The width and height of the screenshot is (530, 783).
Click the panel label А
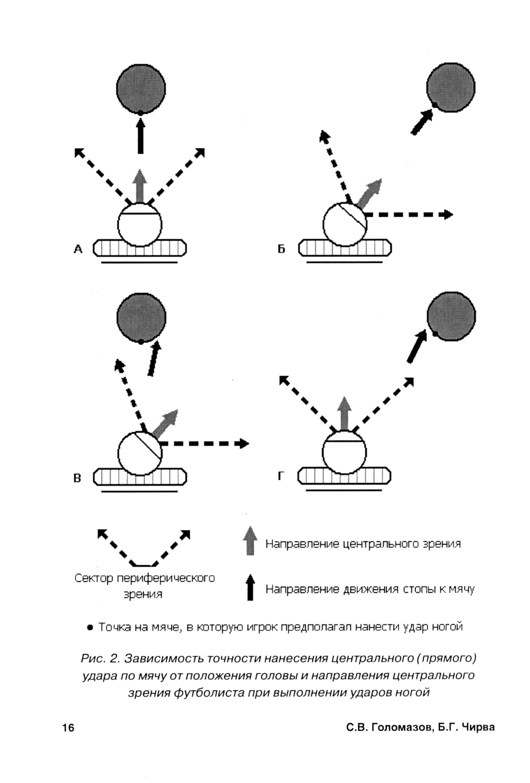[78, 249]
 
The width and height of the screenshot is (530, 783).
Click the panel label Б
[281, 249]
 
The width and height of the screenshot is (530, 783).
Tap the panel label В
[77, 478]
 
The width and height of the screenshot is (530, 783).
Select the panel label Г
[281, 477]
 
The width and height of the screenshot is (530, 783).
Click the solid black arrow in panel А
[140, 136]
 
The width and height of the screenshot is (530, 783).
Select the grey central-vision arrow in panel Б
[369, 192]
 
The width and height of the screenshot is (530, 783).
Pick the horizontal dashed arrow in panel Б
[408, 215]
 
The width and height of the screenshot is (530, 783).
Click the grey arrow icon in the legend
[250, 540]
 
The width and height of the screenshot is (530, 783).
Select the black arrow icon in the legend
[250, 587]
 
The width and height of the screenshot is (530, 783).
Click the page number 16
[68, 727]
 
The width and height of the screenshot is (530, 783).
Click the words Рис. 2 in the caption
[101, 658]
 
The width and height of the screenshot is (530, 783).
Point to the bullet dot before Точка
[90, 628]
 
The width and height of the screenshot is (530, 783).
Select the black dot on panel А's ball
[140, 112]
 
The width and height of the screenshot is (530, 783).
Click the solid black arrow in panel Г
[417, 347]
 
